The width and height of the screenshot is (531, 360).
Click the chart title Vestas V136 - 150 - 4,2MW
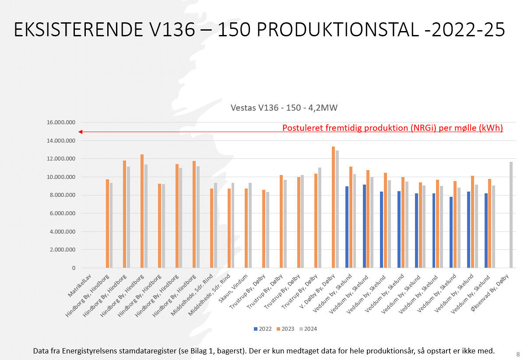point(284,108)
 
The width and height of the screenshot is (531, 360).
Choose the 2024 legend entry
point(308,329)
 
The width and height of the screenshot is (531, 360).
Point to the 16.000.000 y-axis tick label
point(61,122)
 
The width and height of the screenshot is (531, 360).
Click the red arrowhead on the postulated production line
point(80,132)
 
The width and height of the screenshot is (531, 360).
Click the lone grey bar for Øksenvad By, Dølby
point(511,215)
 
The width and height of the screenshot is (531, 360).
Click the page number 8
point(518,354)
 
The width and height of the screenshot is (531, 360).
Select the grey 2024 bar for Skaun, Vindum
point(250,225)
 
